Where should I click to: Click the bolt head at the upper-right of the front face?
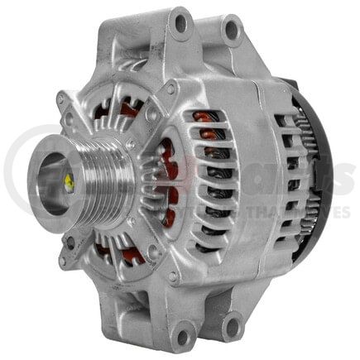point(170,87)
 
